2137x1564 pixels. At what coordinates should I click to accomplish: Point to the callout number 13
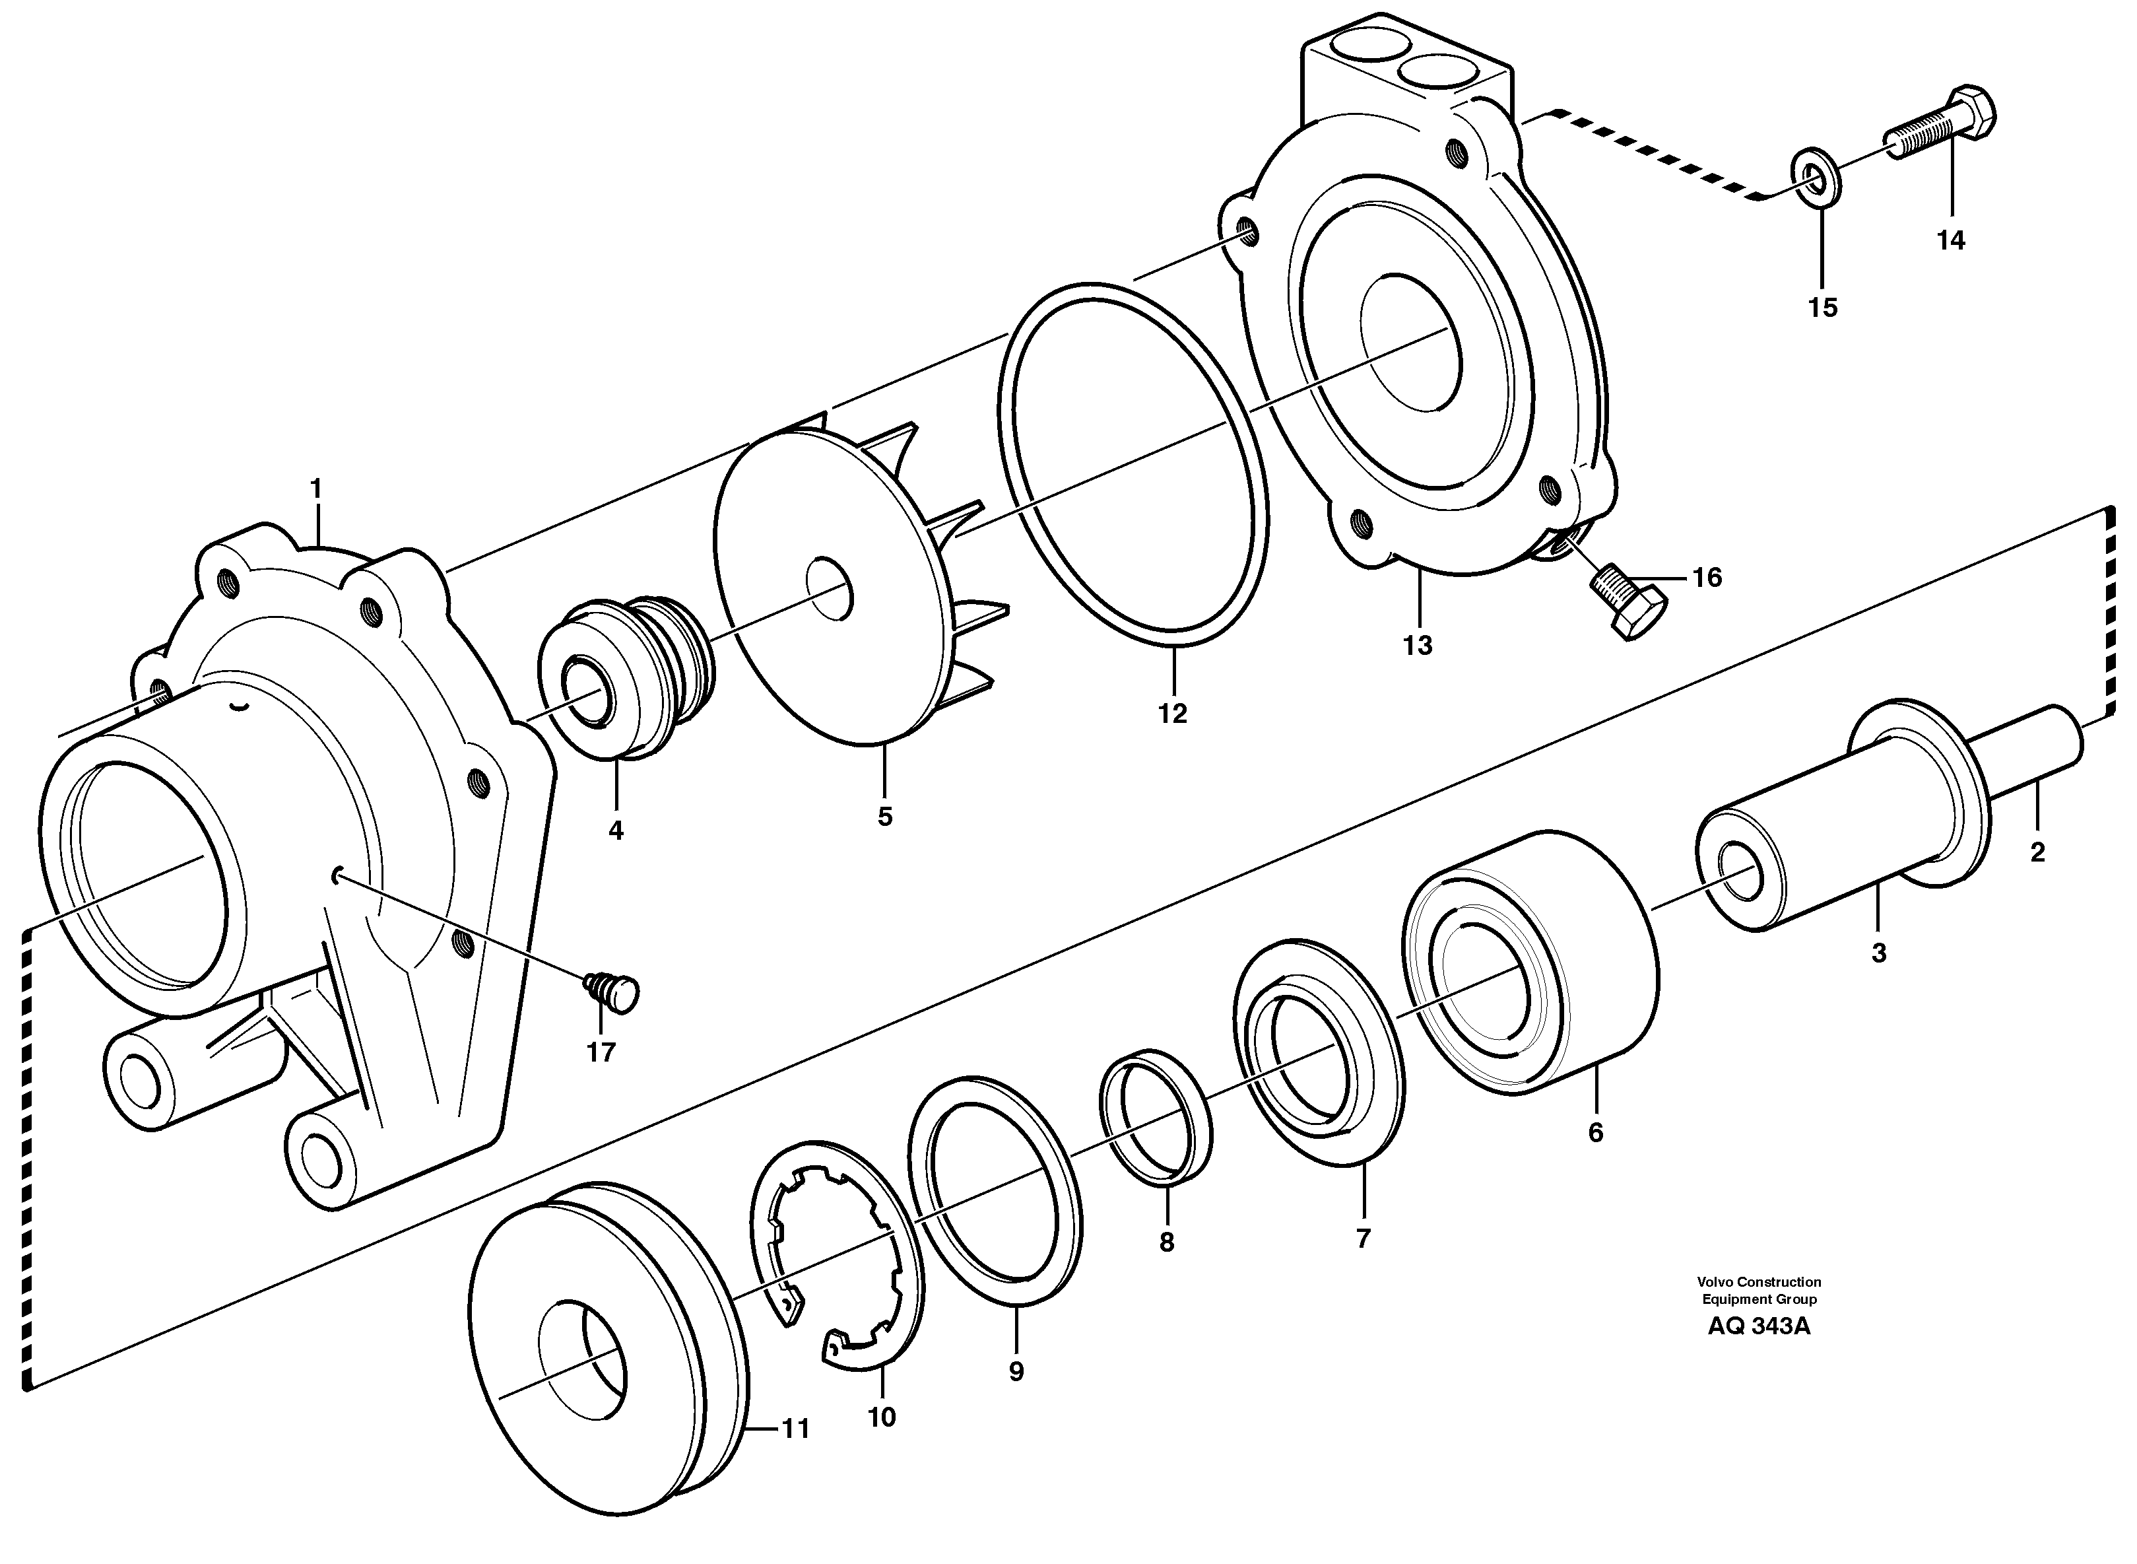(x=1417, y=646)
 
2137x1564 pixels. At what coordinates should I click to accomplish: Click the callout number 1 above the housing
(x=316, y=489)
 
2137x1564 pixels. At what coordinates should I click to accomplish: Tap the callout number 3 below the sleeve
(x=1879, y=953)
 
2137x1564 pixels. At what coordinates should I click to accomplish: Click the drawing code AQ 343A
(x=1758, y=1326)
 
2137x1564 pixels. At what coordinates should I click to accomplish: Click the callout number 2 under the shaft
(x=2037, y=852)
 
